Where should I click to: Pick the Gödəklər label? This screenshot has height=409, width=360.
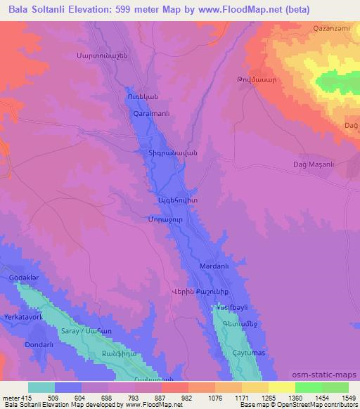(x=22, y=278)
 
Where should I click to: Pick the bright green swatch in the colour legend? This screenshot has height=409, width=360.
(x=309, y=387)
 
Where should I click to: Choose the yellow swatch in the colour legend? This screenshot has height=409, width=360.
(x=283, y=387)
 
